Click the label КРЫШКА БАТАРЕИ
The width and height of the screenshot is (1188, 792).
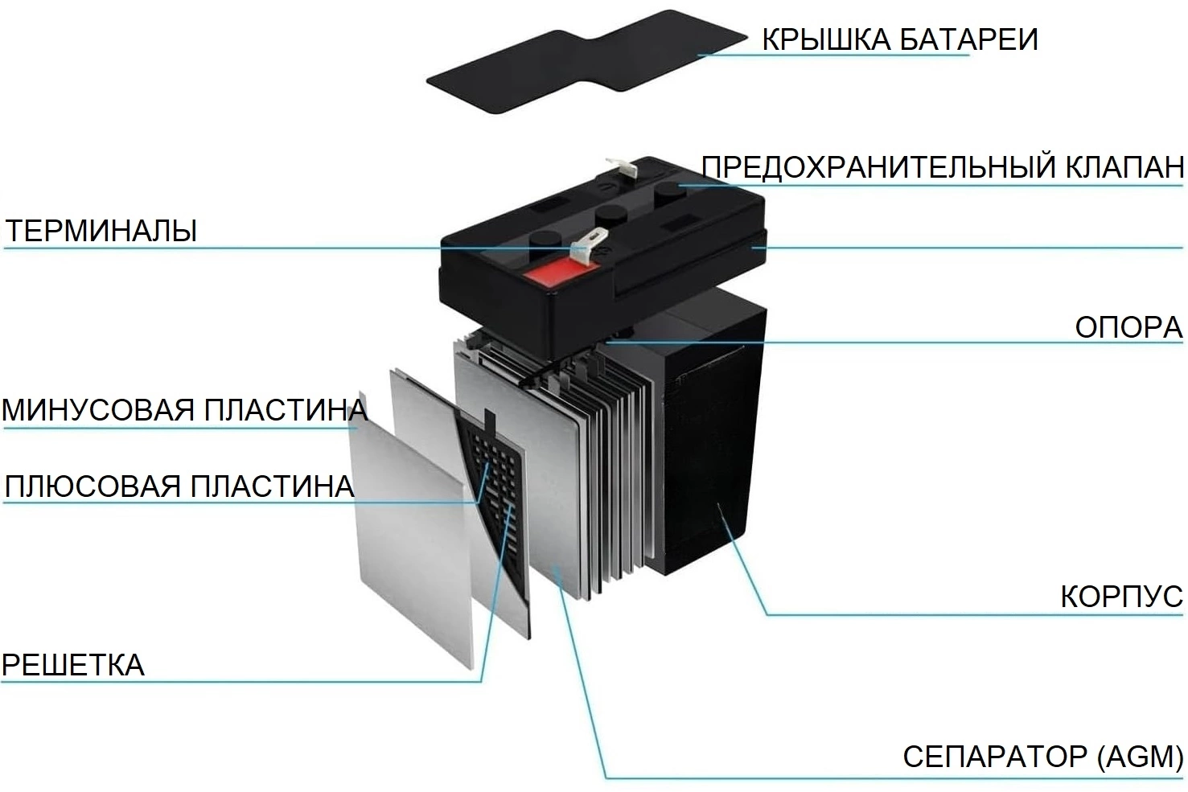899,39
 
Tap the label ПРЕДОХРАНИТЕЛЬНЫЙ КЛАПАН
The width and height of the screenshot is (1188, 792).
943,167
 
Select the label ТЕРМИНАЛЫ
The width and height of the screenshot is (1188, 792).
101,231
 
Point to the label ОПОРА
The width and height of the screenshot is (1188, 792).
1129,327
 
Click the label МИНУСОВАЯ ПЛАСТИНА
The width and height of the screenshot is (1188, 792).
184,410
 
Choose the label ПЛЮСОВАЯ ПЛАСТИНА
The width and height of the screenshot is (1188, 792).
179,486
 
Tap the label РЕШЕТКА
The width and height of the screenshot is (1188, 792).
72,665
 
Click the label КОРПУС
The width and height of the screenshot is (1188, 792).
1122,597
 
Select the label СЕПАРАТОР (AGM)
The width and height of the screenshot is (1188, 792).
1043,756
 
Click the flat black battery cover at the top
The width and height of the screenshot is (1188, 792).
586,60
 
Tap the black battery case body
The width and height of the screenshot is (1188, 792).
705,435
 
